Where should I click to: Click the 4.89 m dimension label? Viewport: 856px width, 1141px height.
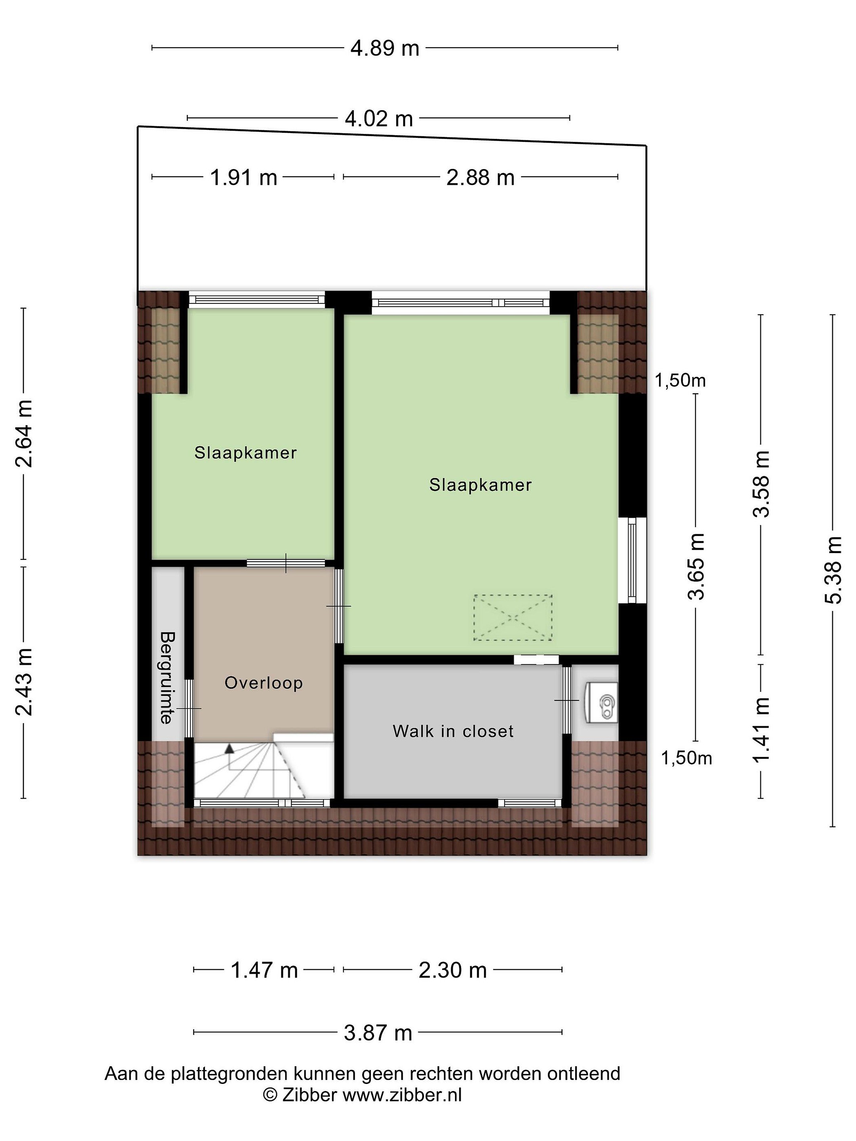(x=384, y=48)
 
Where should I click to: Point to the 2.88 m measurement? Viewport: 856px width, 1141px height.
(x=480, y=178)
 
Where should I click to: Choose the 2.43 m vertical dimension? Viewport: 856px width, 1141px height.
(x=24, y=682)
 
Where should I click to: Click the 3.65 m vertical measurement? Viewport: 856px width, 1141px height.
(x=696, y=567)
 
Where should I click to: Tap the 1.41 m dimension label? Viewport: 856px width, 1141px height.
(x=761, y=730)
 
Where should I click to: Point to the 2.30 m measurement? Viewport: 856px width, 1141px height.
(x=453, y=970)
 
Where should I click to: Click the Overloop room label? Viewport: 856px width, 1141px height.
(x=264, y=683)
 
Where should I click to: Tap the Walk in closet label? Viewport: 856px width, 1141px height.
(x=453, y=731)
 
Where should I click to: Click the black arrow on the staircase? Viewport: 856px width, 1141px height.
(x=229, y=748)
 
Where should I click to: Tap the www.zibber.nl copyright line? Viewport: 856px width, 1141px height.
(x=362, y=1094)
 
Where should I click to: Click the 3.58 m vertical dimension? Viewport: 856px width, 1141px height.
(x=761, y=484)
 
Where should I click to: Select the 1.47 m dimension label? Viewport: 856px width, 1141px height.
(x=264, y=970)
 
